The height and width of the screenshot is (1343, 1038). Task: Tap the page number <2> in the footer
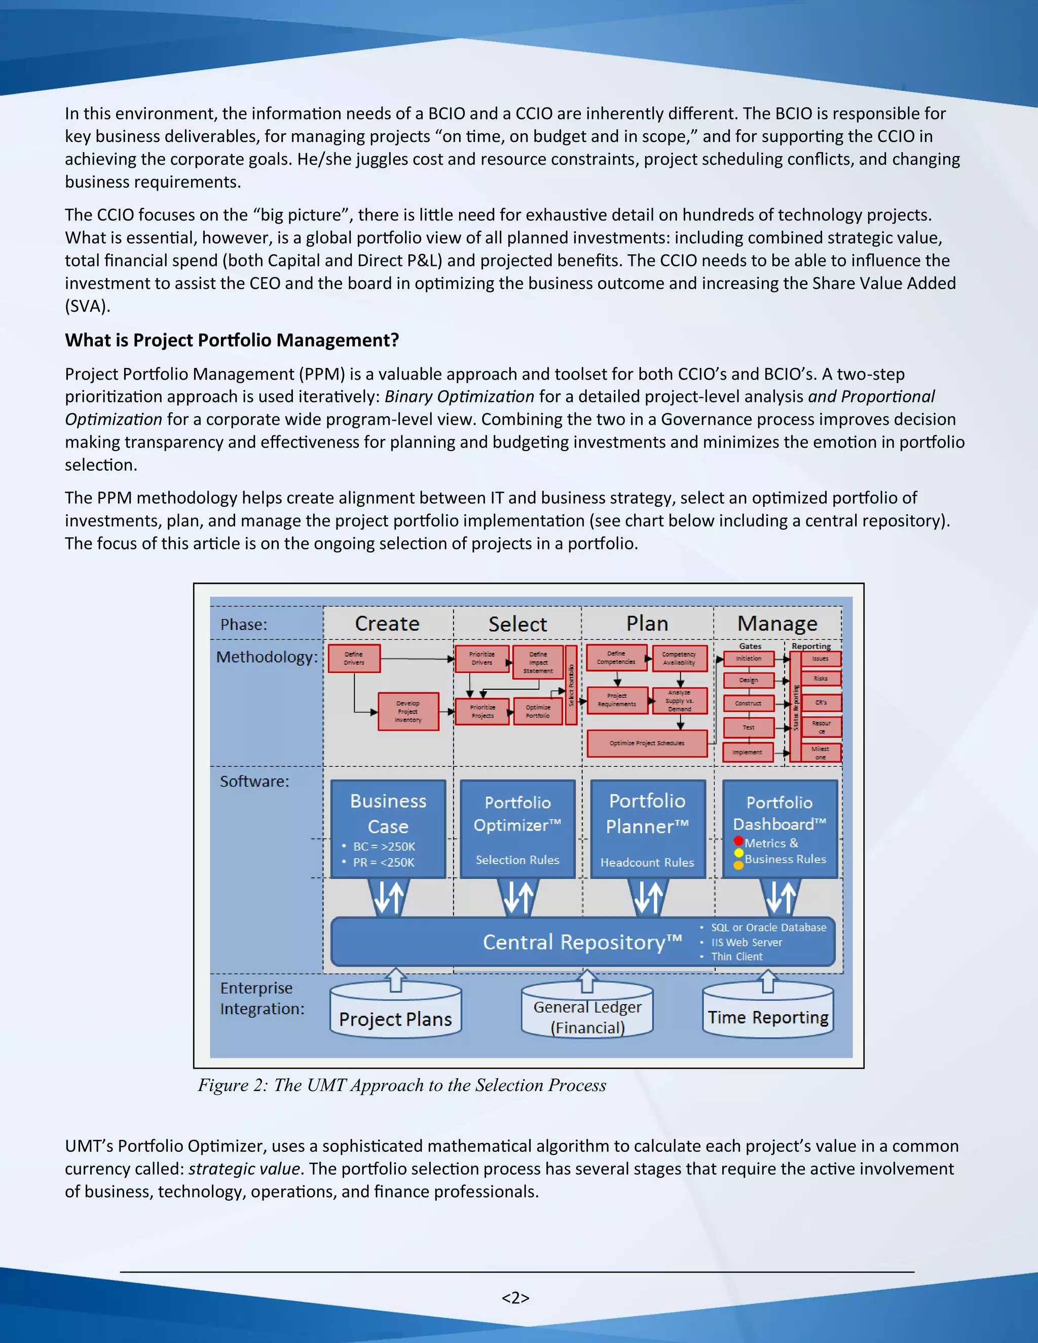515,1297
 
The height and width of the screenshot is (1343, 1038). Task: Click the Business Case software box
388,828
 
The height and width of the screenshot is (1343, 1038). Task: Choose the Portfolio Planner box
648,828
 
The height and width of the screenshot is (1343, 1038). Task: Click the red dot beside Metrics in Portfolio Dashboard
738,841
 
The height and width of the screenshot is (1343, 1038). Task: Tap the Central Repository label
582,942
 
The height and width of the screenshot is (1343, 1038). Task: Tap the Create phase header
387,623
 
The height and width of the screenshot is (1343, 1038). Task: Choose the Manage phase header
777,623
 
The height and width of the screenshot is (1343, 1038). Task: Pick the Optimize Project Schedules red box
647,743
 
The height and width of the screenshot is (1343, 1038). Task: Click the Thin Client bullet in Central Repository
736,957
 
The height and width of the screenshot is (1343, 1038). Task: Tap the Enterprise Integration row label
262,998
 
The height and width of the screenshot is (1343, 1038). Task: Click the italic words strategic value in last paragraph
244,1169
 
